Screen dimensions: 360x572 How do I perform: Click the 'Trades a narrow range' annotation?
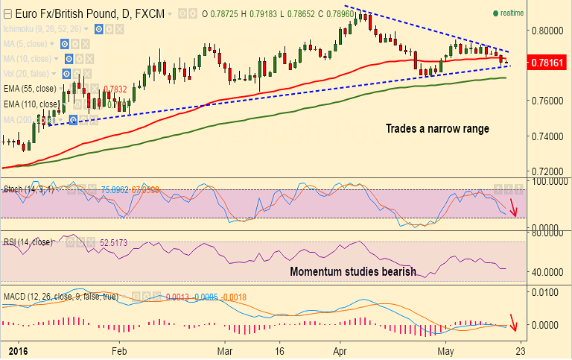click(x=437, y=129)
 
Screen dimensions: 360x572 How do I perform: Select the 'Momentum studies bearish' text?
click(x=353, y=271)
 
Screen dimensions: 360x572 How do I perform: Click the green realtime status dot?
click(x=495, y=13)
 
